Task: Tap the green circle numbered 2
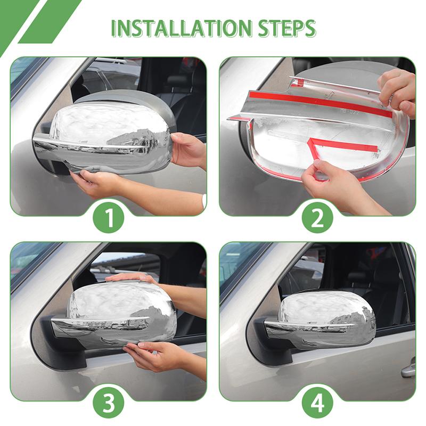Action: [x=317, y=218]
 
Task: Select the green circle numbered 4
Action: [x=317, y=403]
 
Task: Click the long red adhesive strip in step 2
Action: [x=319, y=103]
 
